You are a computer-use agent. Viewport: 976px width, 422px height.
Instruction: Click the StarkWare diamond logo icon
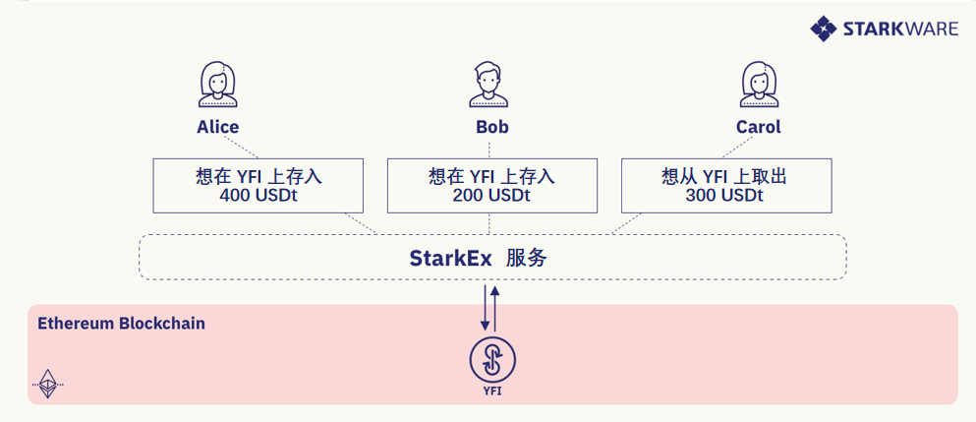pyautogui.click(x=823, y=29)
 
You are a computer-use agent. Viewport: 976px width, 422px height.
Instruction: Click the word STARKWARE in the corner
pyautogui.click(x=900, y=29)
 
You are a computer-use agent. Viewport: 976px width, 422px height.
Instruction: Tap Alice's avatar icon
pyautogui.click(x=218, y=85)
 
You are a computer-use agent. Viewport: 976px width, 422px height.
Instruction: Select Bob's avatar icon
pyautogui.click(x=488, y=85)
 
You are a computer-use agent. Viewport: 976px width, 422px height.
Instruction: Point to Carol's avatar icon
pyautogui.click(x=759, y=85)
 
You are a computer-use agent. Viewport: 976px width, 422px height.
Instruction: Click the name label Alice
pyautogui.click(x=218, y=127)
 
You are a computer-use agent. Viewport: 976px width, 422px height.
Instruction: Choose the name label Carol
pyautogui.click(x=758, y=127)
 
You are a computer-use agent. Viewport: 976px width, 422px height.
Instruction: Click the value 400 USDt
pyautogui.click(x=258, y=195)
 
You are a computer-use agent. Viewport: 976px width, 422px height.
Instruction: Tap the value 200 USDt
pyautogui.click(x=491, y=195)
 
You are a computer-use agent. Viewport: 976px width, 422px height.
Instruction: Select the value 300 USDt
pyautogui.click(x=724, y=195)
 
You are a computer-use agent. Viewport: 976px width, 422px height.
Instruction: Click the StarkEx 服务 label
pyautogui.click(x=478, y=258)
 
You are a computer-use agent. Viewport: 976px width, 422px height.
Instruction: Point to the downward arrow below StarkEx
pyautogui.click(x=485, y=309)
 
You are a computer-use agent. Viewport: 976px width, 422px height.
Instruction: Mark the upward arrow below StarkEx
pyautogui.click(x=494, y=309)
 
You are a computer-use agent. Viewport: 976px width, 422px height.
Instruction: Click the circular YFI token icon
pyautogui.click(x=492, y=360)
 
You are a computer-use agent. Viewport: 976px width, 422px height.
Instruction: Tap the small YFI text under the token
pyautogui.click(x=492, y=392)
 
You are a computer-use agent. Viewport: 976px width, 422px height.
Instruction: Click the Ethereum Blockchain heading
pyautogui.click(x=121, y=325)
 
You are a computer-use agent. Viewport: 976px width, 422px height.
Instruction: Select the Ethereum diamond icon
pyautogui.click(x=48, y=384)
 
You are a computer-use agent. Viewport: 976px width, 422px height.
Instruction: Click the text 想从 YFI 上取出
pyautogui.click(x=724, y=176)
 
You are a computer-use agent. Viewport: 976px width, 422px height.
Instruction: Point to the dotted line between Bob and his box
pyautogui.click(x=488, y=150)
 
